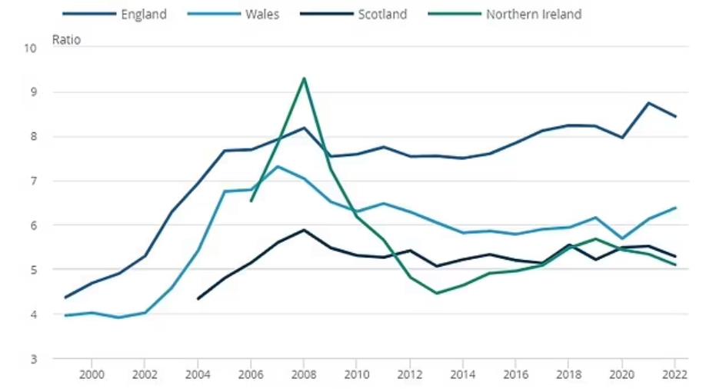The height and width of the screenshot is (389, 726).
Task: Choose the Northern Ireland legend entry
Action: [x=533, y=15]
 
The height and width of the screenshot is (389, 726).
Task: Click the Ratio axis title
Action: [x=65, y=39]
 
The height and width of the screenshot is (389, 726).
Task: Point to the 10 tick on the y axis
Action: [x=31, y=48]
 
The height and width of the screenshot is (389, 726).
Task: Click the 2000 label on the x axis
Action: [x=92, y=374]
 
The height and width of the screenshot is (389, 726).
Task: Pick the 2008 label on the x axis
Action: [x=304, y=374]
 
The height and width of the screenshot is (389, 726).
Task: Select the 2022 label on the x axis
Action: [x=674, y=374]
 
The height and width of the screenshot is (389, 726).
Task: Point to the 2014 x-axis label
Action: [x=463, y=374]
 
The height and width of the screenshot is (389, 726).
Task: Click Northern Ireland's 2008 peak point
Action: [x=304, y=78]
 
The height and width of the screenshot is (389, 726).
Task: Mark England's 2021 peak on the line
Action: [x=648, y=103]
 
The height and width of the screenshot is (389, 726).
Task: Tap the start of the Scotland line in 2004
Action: [x=198, y=299]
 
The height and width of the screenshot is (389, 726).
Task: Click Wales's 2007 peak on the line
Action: [x=278, y=166]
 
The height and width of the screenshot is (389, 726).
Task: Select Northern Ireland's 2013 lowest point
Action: [x=436, y=293]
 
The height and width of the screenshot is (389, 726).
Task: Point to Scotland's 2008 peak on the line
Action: [x=304, y=230]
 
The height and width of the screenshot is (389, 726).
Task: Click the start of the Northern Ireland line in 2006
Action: [x=251, y=201]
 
